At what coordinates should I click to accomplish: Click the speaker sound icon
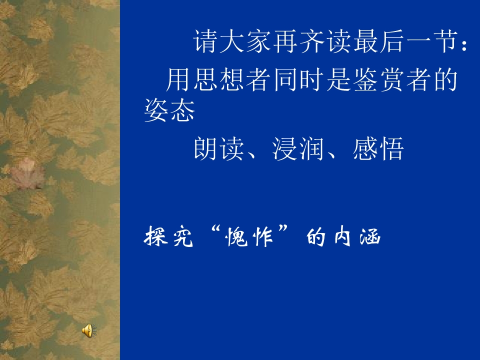tap(87, 329)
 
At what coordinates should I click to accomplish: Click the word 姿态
tap(169, 111)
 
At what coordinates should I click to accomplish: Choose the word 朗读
tap(218, 149)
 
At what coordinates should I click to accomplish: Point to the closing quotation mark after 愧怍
tap(283, 232)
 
